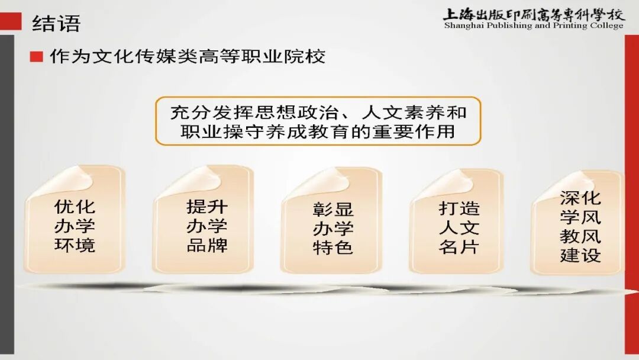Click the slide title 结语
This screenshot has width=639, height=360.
pos(56,24)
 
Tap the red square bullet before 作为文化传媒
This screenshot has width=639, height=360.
pos(37,57)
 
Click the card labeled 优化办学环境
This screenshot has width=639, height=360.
pos(75,225)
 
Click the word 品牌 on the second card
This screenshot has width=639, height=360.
pos(206,245)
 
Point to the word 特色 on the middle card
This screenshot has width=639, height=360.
pos(333,247)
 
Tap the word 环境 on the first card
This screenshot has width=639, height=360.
pos(75,245)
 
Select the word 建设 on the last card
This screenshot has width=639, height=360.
pos(580,255)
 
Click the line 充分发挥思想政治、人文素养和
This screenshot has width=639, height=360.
pos(318,112)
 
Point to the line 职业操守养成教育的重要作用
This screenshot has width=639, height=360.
pos(318,131)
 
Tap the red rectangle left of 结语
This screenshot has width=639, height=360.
pos(11,23)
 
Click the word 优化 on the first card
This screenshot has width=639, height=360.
pos(75,207)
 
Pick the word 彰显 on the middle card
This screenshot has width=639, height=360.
pos(333,210)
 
